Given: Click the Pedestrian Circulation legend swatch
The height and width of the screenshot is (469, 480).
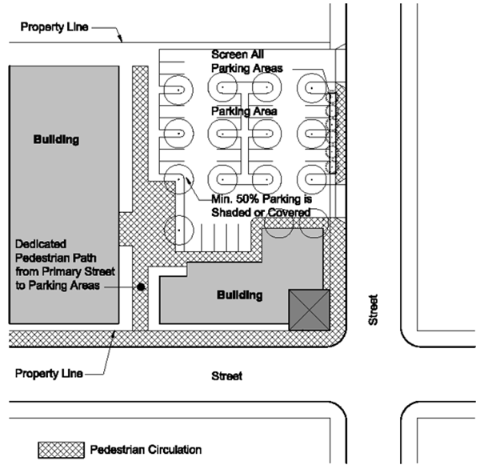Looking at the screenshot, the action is tap(62, 450).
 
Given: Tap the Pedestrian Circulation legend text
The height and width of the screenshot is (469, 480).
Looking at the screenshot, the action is tap(146, 450).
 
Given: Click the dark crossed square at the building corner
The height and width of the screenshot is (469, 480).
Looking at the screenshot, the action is tap(310, 310).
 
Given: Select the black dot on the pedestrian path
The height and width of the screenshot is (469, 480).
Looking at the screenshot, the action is tap(141, 287).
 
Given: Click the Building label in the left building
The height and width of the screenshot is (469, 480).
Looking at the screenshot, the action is tap(56, 140).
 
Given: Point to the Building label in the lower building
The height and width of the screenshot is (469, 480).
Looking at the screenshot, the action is tap(240, 295).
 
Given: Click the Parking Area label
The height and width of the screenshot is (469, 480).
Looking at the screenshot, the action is tap(244, 111).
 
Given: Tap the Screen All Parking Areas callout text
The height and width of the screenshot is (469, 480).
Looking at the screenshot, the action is tap(246, 62).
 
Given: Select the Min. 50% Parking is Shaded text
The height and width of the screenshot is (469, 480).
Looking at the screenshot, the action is tap(262, 206).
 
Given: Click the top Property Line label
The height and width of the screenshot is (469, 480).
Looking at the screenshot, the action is tap(54, 27).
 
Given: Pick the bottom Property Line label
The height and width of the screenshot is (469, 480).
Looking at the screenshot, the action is tap(49, 374).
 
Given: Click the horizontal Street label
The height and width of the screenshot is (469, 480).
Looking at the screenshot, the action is tap(227, 376).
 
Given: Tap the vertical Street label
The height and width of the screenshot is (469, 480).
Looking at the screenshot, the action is tap(373, 310).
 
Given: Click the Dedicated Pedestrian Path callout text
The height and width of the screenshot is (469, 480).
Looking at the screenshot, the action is tap(65, 265).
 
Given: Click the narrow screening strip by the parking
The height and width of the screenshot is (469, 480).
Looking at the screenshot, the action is tap(332, 133).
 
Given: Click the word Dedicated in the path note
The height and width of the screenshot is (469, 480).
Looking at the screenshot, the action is tap(41, 244).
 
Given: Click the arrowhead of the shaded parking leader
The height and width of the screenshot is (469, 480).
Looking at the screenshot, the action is tap(188, 179).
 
